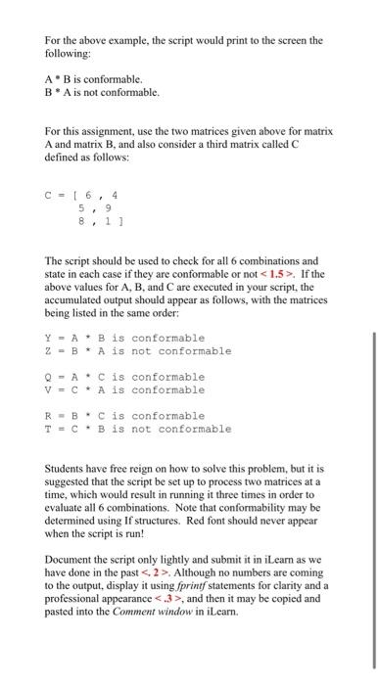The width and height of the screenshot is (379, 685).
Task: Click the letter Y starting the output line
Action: pyautogui.click(x=48, y=338)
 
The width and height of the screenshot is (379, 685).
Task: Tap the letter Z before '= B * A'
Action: pyautogui.click(x=48, y=350)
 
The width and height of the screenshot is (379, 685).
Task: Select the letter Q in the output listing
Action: pyautogui.click(x=48, y=377)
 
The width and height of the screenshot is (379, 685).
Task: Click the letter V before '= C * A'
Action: pyautogui.click(x=48, y=389)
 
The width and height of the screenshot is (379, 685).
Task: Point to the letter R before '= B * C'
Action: pyautogui.click(x=48, y=416)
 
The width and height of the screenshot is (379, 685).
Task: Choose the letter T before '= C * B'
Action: pyautogui.click(x=48, y=429)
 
